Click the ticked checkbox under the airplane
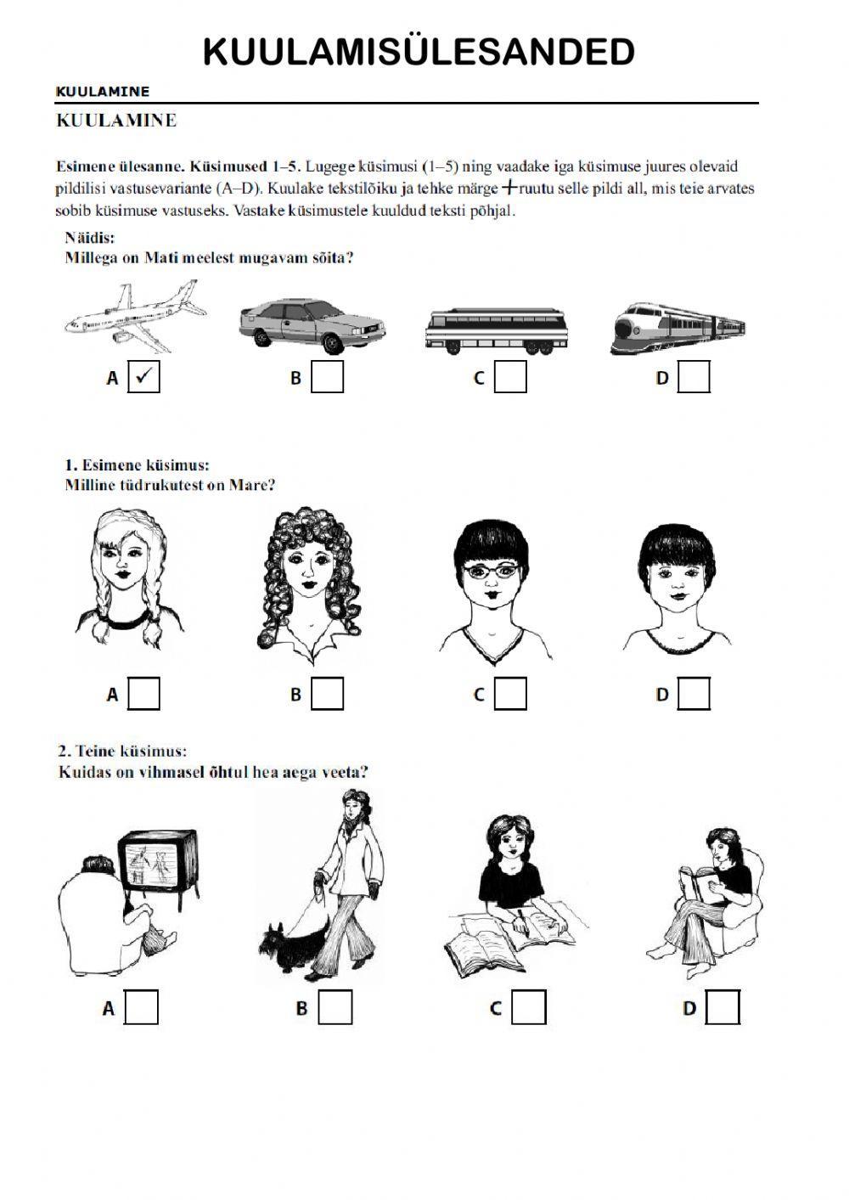[143, 377]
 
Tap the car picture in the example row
[312, 326]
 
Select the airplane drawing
[136, 316]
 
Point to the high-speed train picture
[678, 329]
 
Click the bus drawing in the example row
[497, 331]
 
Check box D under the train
[694, 377]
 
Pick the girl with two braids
[129, 578]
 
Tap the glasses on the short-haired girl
[492, 571]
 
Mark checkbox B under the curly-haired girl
[327, 694]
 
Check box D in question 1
[694, 694]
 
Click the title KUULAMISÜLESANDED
[419, 52]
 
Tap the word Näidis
[89, 237]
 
